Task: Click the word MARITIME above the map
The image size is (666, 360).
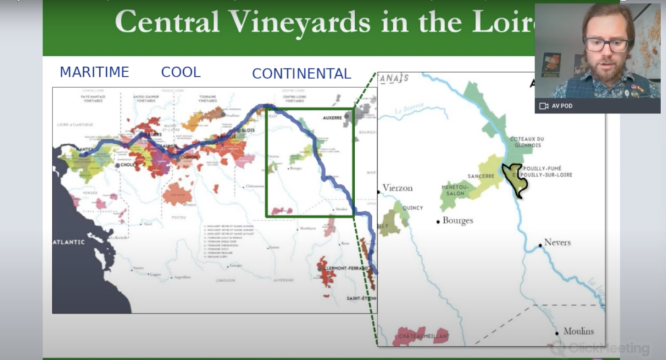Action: (x=94, y=72)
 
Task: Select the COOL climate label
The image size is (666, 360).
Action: (x=181, y=72)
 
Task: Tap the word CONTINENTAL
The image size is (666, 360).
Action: (x=302, y=74)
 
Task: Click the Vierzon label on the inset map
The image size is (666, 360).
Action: (x=398, y=188)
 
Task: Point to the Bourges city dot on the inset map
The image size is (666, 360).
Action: (x=438, y=221)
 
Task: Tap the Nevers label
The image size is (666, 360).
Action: (x=557, y=242)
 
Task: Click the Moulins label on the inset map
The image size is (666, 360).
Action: (x=579, y=331)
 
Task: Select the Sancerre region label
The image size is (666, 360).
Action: (x=482, y=176)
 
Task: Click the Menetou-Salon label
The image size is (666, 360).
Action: (x=455, y=189)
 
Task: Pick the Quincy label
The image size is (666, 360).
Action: (x=413, y=208)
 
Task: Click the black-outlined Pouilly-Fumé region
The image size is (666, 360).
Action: (x=515, y=179)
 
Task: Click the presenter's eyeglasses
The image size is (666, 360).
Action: (x=607, y=44)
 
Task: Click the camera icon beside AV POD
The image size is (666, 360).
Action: (x=544, y=106)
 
